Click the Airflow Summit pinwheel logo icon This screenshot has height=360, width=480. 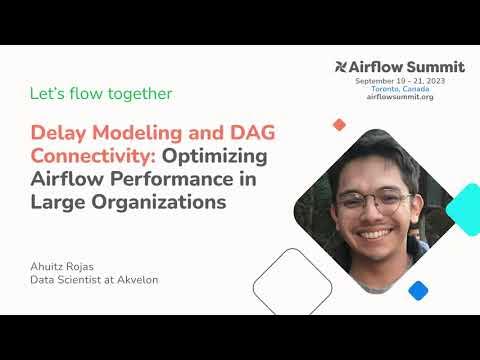[342, 67]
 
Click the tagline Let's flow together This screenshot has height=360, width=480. [101, 94]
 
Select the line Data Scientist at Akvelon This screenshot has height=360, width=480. [94, 280]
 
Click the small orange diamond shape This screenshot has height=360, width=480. [339, 125]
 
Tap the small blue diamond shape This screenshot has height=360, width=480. [418, 290]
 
